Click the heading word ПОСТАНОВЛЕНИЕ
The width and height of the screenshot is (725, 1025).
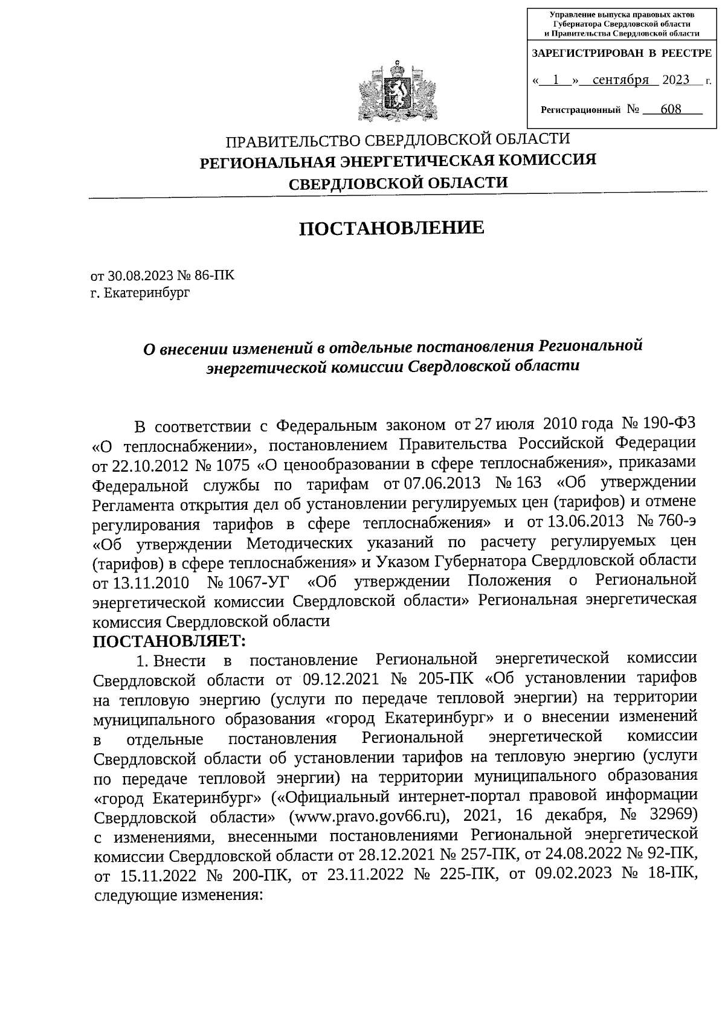[x=392, y=228]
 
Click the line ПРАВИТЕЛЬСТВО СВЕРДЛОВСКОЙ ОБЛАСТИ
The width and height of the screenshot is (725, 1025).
[x=398, y=140]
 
